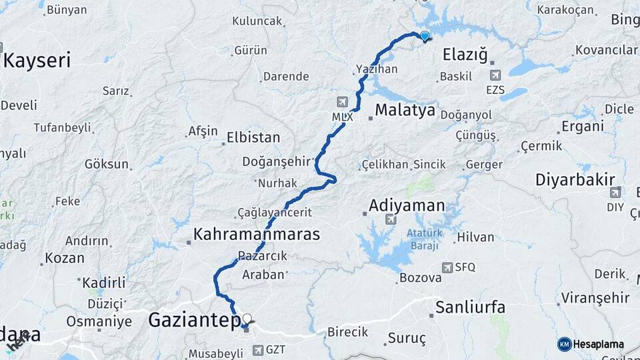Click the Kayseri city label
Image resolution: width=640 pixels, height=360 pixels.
[x=37, y=60]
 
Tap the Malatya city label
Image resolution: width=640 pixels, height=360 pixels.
[x=405, y=109]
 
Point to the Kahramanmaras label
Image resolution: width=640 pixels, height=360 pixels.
[x=257, y=235]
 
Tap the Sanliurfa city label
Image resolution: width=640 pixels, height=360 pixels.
[x=470, y=307]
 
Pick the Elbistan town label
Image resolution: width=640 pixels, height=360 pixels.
[x=253, y=138]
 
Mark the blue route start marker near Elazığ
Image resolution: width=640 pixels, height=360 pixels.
[x=424, y=35]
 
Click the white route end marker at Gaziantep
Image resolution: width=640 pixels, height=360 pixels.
[x=247, y=319]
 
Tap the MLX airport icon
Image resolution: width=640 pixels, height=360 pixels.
[x=343, y=102]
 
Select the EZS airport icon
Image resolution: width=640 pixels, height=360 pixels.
[x=495, y=76]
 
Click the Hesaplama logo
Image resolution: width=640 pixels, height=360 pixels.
[x=591, y=344]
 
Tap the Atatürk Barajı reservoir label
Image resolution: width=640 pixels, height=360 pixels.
[x=423, y=239]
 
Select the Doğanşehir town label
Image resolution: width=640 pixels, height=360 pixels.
[x=285, y=161]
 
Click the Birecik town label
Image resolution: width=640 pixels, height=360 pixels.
[x=347, y=332]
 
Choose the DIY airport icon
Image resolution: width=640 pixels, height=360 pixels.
[x=615, y=193]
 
